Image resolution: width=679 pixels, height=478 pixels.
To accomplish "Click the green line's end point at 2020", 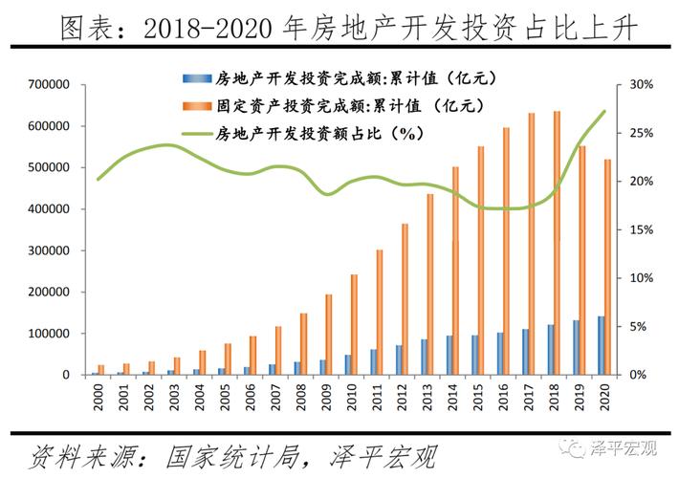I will click(x=605, y=111).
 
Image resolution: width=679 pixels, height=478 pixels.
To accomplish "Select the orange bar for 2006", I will click(x=252, y=355).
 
